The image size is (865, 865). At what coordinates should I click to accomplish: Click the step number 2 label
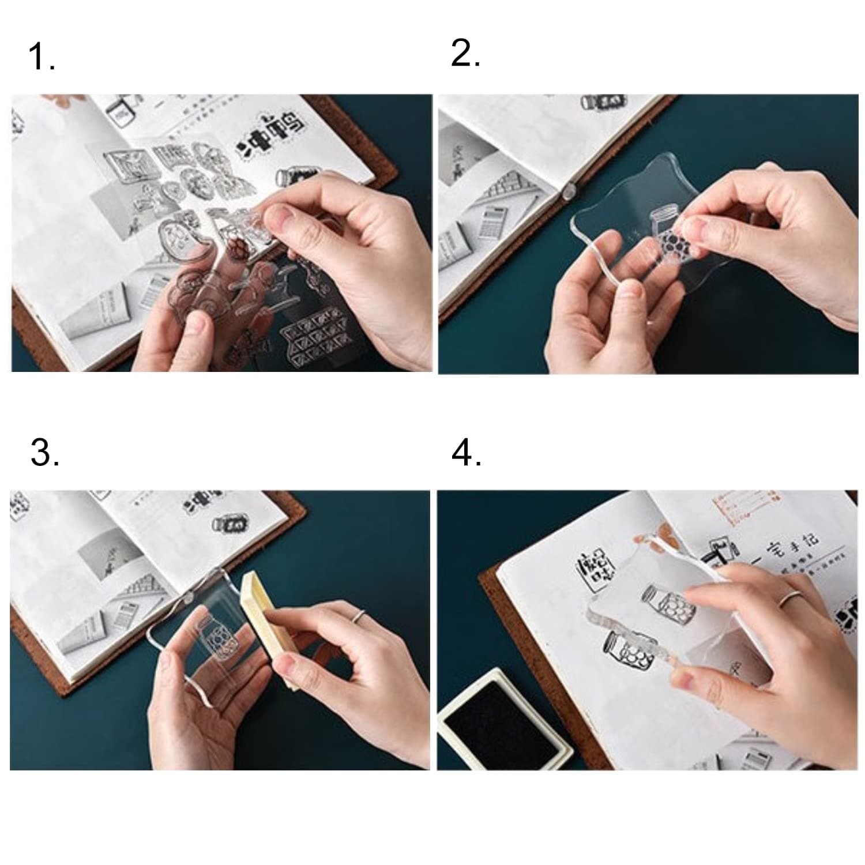465,54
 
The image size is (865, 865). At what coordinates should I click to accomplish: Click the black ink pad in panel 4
501,719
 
